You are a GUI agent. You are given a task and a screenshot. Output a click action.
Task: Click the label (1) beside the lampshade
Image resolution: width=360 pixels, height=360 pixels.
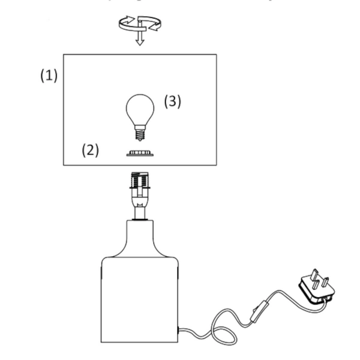[49, 77]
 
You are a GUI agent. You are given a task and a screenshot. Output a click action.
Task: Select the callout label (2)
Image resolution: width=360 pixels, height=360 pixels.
[90, 149]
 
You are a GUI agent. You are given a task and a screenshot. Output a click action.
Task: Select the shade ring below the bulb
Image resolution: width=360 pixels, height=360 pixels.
[140, 153]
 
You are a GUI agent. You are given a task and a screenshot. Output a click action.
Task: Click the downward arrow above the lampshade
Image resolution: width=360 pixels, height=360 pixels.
[140, 40]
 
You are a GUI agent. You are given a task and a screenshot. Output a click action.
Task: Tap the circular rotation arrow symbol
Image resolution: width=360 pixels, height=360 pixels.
[139, 24]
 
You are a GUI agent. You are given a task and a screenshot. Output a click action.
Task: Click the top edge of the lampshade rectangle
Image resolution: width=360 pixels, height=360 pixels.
[139, 55]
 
